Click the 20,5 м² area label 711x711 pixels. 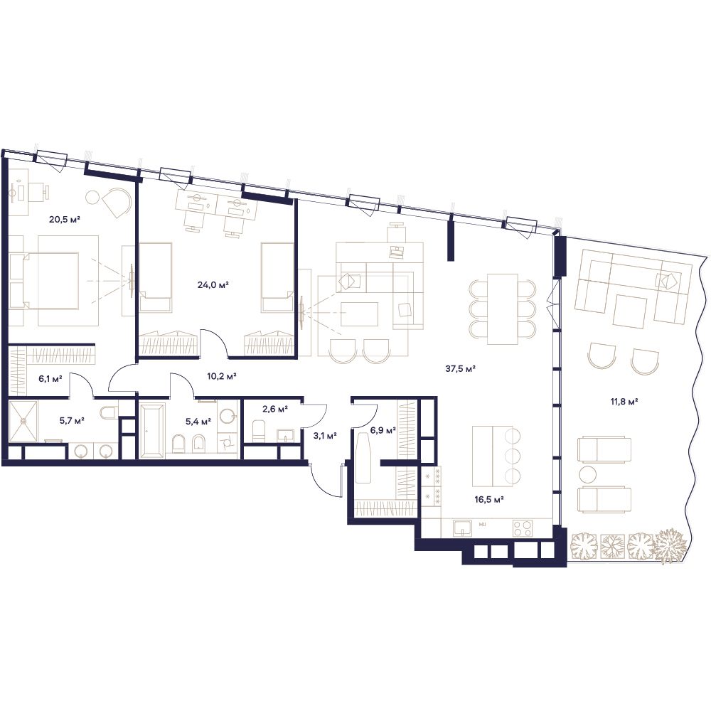coord(65,220)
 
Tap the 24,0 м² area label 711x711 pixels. coord(213,285)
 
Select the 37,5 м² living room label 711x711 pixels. coord(460,368)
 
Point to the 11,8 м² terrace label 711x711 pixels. coord(624,401)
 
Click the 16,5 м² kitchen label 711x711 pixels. coord(489,500)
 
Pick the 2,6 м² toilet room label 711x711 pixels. coord(275,409)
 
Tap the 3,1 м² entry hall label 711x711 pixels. coord(325,436)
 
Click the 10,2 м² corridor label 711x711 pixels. coord(222,376)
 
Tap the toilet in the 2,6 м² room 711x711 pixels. coord(258,430)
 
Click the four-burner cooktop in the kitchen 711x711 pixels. coord(523,528)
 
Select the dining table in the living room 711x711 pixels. coord(503,309)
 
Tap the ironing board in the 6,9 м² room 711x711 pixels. coord(363,457)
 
